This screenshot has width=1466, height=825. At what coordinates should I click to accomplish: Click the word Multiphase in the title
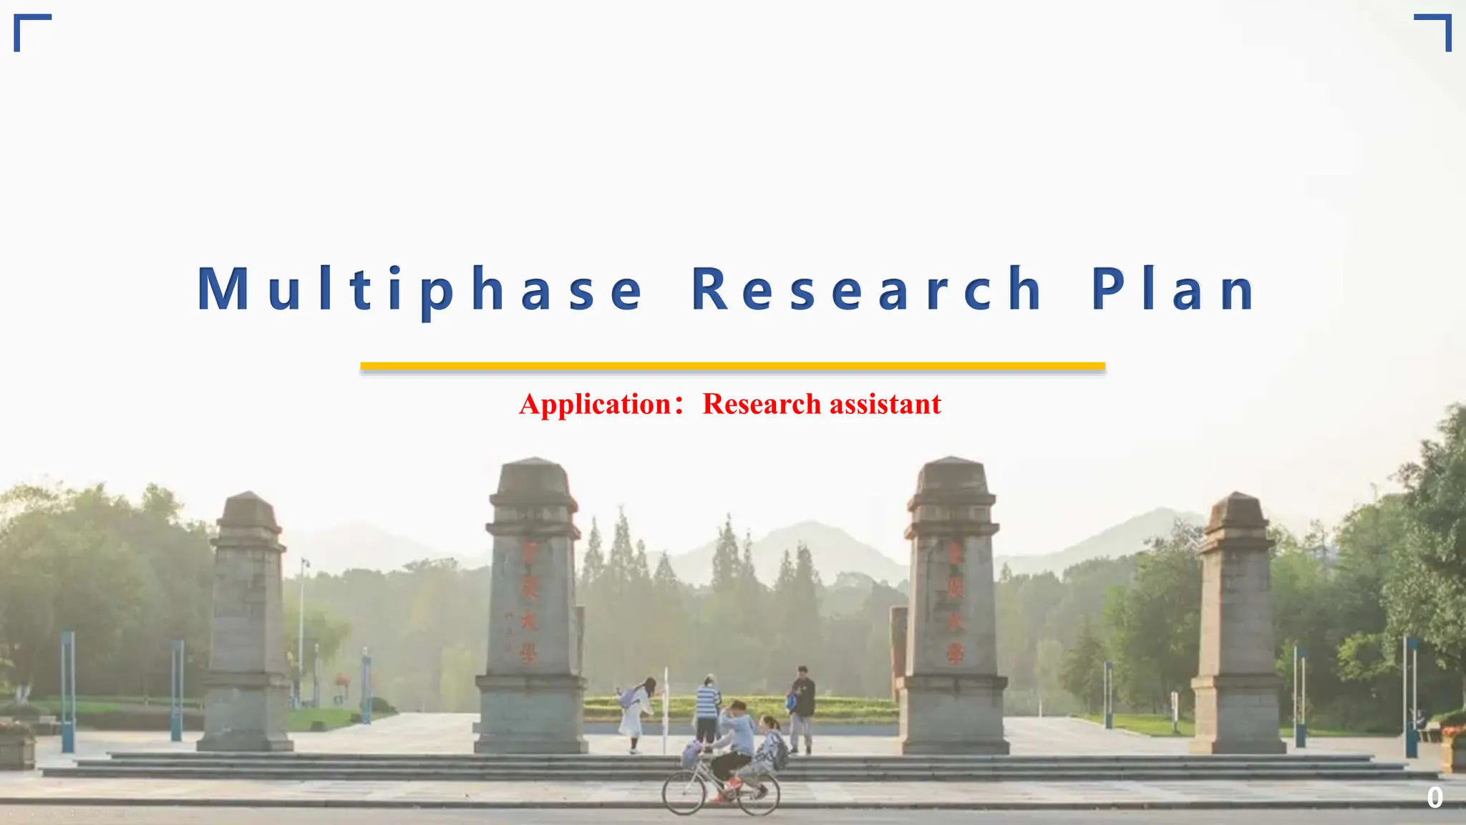tap(421, 289)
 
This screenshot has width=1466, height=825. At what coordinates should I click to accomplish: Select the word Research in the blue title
tap(866, 289)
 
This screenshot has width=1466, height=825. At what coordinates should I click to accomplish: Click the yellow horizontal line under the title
tap(732, 367)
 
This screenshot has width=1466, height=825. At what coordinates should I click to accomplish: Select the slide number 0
tap(1435, 798)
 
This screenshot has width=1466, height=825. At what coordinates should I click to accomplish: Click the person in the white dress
tap(636, 713)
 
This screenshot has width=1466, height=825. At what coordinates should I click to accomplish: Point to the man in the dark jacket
tap(802, 705)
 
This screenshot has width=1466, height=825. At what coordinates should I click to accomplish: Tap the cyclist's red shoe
tap(733, 783)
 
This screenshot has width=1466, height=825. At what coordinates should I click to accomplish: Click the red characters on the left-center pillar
tap(529, 602)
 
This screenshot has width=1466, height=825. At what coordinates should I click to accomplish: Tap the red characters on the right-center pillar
tap(954, 602)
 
